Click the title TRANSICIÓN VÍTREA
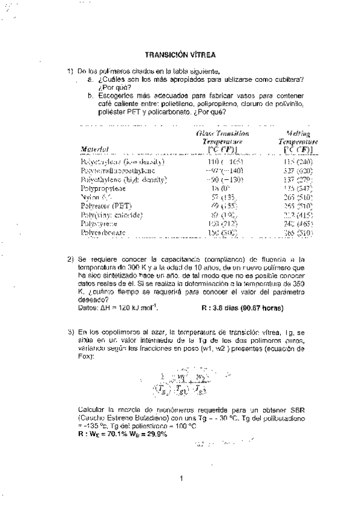pyautogui.click(x=181, y=54)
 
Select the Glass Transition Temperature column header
pyautogui.click(x=222, y=140)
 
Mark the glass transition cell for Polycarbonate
pyautogui.click(x=223, y=231)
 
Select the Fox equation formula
pyautogui.click(x=183, y=383)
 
